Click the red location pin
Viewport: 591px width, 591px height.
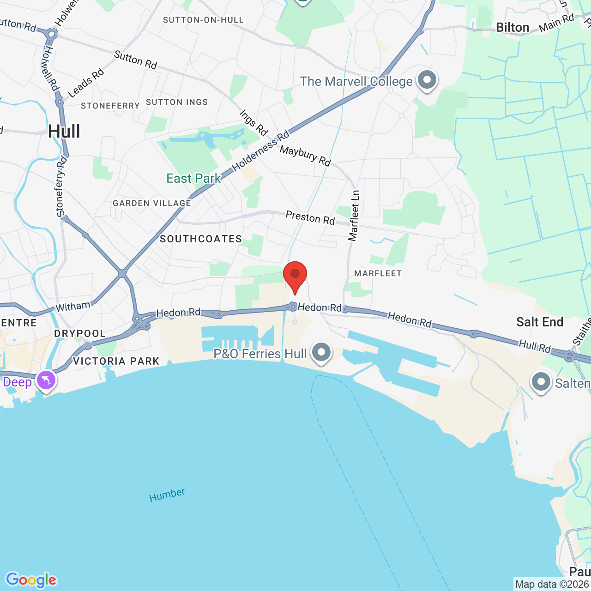point(295,275)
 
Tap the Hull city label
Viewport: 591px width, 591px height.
point(64,132)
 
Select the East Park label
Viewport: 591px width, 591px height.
point(193,179)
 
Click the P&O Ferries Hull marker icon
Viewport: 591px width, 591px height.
point(321,352)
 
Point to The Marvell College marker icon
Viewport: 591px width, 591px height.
point(427,80)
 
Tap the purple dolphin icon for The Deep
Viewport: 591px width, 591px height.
point(47,380)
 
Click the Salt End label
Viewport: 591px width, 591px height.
point(540,322)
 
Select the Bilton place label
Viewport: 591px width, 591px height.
point(513,28)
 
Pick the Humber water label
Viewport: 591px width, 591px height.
point(167,495)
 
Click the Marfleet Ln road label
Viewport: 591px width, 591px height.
point(354,216)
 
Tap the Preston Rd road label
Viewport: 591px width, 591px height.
point(310,217)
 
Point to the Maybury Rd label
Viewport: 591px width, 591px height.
point(305,156)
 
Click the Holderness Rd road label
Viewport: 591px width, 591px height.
point(261,151)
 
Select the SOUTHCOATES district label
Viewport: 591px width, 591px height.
point(201,239)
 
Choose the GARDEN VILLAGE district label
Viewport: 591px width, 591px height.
point(152,203)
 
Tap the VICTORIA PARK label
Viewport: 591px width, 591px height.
point(116,361)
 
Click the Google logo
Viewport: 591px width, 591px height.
point(31,580)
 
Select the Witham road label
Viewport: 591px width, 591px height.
point(73,307)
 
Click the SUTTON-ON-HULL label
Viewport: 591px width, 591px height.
point(203,20)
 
